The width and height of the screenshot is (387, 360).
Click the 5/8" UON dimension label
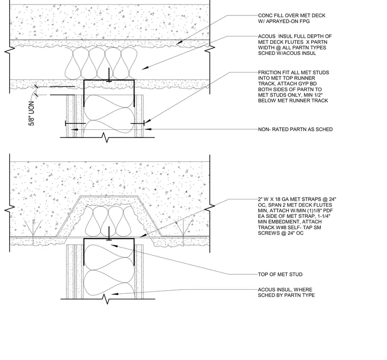click(32, 113)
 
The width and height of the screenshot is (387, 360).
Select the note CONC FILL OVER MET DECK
click(292, 16)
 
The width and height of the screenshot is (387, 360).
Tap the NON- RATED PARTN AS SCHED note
click(295, 129)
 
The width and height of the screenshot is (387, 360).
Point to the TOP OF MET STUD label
click(280, 274)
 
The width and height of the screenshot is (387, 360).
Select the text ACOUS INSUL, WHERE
click(285, 289)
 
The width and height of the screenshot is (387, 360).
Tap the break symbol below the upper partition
click(106, 137)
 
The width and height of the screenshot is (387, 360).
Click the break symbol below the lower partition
click(107, 299)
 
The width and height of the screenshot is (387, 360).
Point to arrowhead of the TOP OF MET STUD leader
click(113, 245)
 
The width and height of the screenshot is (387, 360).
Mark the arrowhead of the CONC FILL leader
click(179, 43)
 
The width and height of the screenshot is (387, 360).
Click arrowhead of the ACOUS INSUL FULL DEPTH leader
click(145, 68)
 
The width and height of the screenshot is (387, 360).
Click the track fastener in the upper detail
click(109, 75)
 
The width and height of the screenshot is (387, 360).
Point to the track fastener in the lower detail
click(109, 234)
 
